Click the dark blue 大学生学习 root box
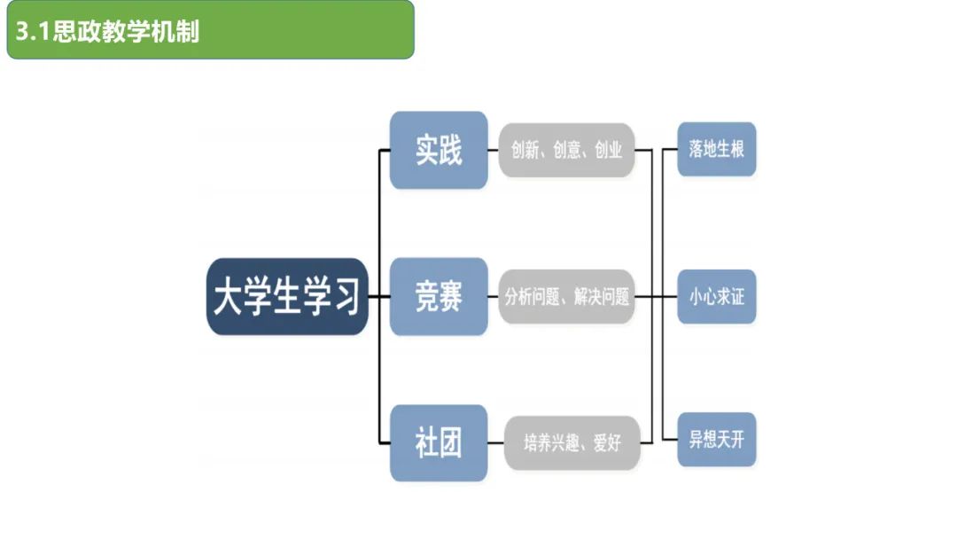tap(287, 297)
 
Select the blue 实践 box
tap(439, 150)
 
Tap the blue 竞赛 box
tap(439, 297)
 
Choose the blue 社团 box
tap(439, 442)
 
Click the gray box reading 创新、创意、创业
tap(566, 150)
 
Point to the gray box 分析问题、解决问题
tap(566, 297)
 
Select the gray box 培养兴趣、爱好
tap(572, 442)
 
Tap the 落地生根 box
tap(716, 149)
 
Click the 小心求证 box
tap(716, 297)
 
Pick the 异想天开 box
tap(716, 440)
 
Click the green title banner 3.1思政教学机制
tap(210, 30)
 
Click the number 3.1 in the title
tap(33, 33)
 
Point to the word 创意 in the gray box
tap(566, 151)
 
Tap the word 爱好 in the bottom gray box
tap(607, 443)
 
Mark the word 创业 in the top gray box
tap(609, 151)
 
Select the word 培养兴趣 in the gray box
tap(550, 443)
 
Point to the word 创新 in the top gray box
tap(525, 151)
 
